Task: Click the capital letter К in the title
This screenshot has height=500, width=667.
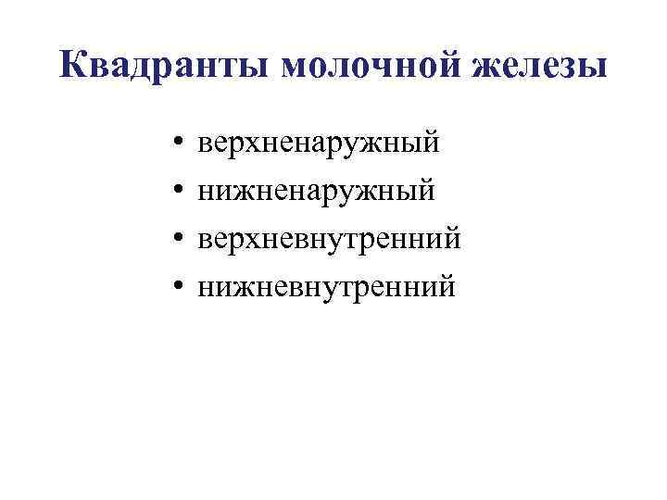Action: pyautogui.click(x=74, y=66)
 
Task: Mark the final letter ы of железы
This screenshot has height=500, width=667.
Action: pyautogui.click(x=595, y=69)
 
